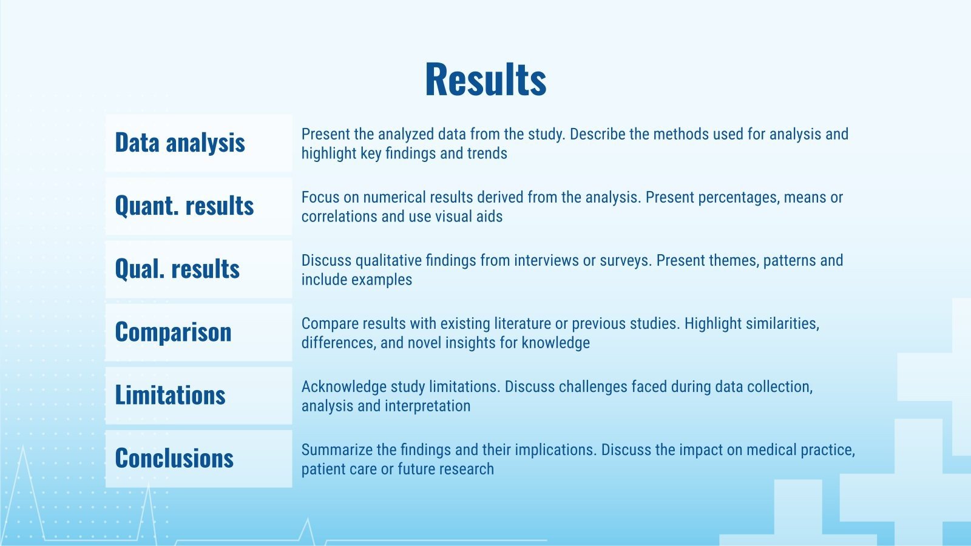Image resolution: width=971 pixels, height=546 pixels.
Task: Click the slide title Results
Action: (x=486, y=79)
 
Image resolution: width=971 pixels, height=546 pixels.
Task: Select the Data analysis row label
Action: (x=180, y=142)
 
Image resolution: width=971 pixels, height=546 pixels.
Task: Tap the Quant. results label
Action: (x=184, y=206)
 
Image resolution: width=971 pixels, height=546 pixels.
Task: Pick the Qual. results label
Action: (x=177, y=269)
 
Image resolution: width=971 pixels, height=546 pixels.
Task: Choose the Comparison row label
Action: (x=174, y=332)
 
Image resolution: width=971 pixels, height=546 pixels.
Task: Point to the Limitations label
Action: (x=171, y=395)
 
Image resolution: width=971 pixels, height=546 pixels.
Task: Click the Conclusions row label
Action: (x=174, y=458)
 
